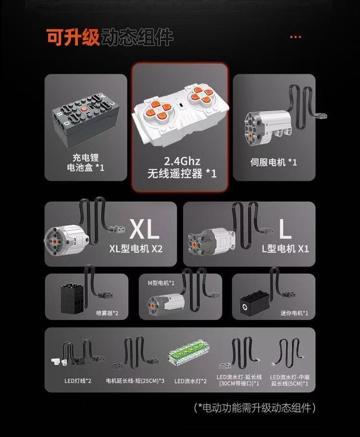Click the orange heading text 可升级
tap(73, 37)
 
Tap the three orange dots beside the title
tap(296, 36)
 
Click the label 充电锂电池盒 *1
tap(86, 162)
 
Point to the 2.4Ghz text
tap(182, 160)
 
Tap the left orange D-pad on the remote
tap(157, 105)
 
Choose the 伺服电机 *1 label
tap(274, 162)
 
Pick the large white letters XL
tap(144, 230)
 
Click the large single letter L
tap(285, 230)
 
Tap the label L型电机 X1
tap(285, 249)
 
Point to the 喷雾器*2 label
tap(107, 313)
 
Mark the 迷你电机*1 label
tap(294, 313)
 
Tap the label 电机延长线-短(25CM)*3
tap(135, 381)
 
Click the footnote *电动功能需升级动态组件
tap(255, 408)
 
